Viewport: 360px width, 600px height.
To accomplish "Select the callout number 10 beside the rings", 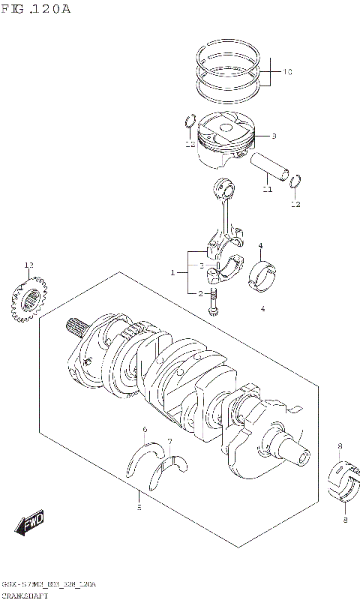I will tap(287, 72).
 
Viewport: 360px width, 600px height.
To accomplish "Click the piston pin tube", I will tap(271, 166).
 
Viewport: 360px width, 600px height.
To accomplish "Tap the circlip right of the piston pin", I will tap(296, 181).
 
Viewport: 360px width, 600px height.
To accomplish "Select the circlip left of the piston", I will tap(190, 121).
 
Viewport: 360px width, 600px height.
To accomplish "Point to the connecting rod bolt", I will tap(214, 301).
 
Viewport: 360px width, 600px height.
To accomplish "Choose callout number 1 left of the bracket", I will tap(172, 272).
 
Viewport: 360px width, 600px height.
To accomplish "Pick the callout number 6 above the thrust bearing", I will tap(144, 428).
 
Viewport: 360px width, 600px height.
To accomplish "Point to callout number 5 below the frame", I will tap(139, 508).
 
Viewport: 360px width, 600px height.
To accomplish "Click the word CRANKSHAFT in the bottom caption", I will tap(22, 594).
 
